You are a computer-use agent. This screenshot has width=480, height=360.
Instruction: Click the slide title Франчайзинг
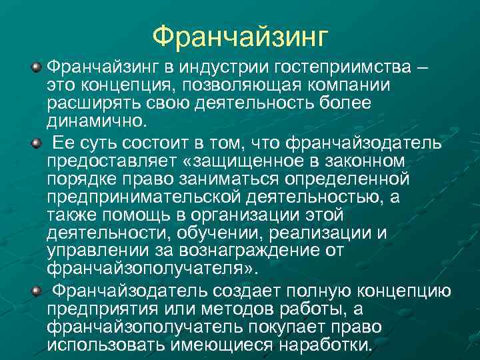coord(240,36)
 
